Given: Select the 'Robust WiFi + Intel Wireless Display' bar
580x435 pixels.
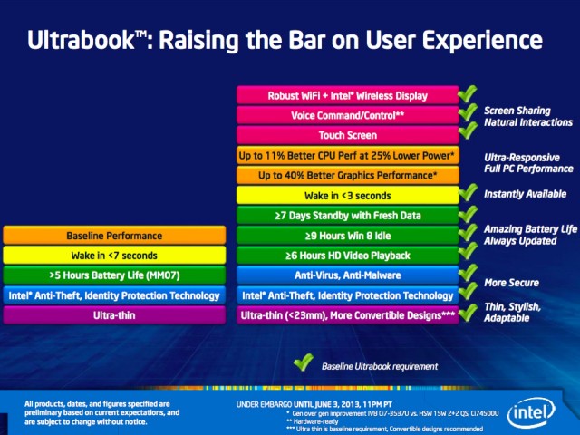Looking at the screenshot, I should point(347,95).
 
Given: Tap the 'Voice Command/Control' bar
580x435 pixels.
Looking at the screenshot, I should point(347,115).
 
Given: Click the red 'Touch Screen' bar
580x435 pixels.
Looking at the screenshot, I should point(347,135).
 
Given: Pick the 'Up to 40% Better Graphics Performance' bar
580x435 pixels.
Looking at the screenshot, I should point(347,175).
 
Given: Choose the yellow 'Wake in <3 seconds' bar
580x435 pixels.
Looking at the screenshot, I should point(347,195).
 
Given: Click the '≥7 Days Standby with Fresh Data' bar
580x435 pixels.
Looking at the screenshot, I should point(347,215).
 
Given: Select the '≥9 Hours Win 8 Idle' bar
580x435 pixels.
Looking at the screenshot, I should point(347,235).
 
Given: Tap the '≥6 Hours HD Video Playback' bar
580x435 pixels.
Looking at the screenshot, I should point(347,255).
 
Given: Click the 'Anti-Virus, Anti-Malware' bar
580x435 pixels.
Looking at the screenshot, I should point(347,275).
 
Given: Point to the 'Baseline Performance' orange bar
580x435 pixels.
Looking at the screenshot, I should point(114,236).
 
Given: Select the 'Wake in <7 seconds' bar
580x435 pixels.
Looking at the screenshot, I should point(114,256).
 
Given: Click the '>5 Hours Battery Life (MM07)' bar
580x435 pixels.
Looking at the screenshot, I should point(114,275).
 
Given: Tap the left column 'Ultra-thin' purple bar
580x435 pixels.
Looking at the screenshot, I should point(114,314).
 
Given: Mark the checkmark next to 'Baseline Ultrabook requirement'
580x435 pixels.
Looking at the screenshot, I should point(303,364).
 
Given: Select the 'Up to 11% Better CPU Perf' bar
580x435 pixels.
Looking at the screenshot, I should point(347,155).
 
